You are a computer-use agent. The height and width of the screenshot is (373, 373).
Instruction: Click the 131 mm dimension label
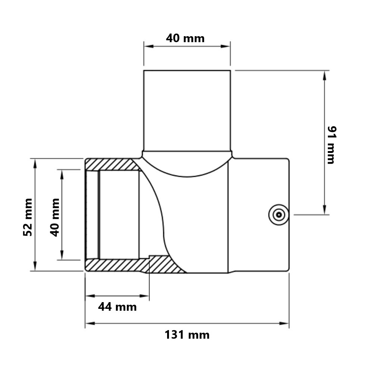point(187,335)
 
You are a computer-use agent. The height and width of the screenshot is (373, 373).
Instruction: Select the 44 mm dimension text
point(117,307)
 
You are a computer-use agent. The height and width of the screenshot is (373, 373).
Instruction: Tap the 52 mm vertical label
point(28,217)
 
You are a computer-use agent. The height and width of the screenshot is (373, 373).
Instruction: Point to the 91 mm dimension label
point(332,145)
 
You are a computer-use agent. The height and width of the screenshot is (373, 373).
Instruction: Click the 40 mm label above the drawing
point(185,38)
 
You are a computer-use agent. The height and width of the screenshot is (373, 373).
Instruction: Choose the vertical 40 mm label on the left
point(55,217)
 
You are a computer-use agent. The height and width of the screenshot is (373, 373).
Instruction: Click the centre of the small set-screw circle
point(279,215)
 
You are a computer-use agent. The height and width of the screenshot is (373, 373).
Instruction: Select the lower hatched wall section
point(133,264)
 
